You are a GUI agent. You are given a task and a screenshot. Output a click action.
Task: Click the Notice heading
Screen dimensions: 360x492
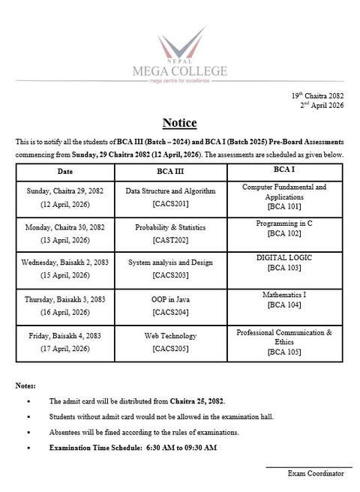coord(179,123)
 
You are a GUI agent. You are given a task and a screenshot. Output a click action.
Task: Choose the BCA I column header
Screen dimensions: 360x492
coord(285,170)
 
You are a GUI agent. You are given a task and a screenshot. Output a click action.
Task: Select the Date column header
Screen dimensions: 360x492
coord(66,171)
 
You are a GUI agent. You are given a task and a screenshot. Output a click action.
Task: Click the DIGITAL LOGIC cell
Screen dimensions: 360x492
coord(285,262)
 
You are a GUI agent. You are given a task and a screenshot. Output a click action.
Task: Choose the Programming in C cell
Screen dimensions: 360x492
coord(285,223)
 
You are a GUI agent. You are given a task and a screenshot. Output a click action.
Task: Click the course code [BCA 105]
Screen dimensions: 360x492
coord(285,352)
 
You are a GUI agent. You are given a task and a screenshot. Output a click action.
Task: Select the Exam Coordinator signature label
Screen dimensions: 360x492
coord(315,473)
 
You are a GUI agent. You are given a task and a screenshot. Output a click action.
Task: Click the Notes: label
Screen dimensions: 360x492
coord(25,385)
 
